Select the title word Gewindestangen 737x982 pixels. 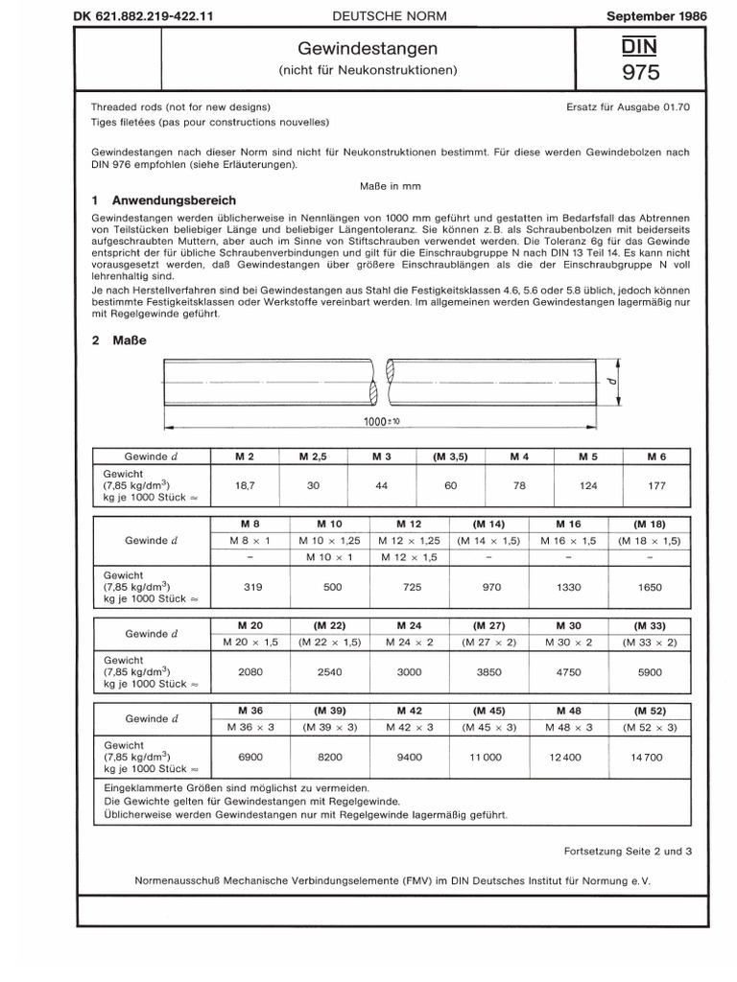pos(368,48)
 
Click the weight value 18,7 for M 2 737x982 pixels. pos(244,485)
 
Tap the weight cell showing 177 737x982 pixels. pos(657,485)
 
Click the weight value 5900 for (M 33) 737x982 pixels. pos(650,672)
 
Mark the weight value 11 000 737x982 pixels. pos(486,757)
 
